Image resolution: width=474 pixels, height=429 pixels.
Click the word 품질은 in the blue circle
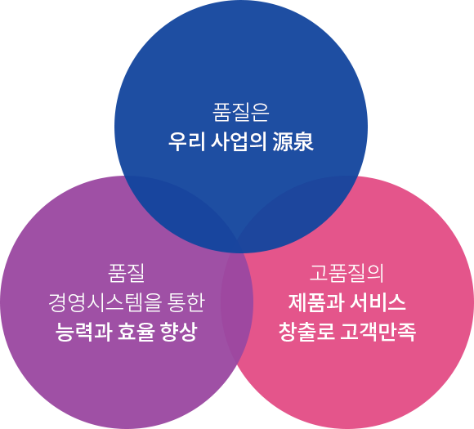pyautogui.click(x=241, y=113)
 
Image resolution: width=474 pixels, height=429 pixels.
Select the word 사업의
pyautogui.click(x=239, y=141)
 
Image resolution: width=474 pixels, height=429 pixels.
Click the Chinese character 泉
pyautogui.click(x=303, y=141)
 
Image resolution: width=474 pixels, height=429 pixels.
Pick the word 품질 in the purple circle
pyautogui.click(x=127, y=273)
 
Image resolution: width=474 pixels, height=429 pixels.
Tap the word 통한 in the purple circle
pyautogui.click(x=186, y=302)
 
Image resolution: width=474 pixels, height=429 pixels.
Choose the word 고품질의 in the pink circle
pyautogui.click(x=347, y=273)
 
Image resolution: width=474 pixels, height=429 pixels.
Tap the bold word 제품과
pyautogui.click(x=316, y=302)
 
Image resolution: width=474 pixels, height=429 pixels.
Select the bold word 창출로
pyautogui.click(x=306, y=332)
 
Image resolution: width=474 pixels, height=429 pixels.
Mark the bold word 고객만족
pyautogui.click(x=378, y=332)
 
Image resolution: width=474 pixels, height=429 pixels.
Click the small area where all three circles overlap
pyautogui.click(x=237, y=245)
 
